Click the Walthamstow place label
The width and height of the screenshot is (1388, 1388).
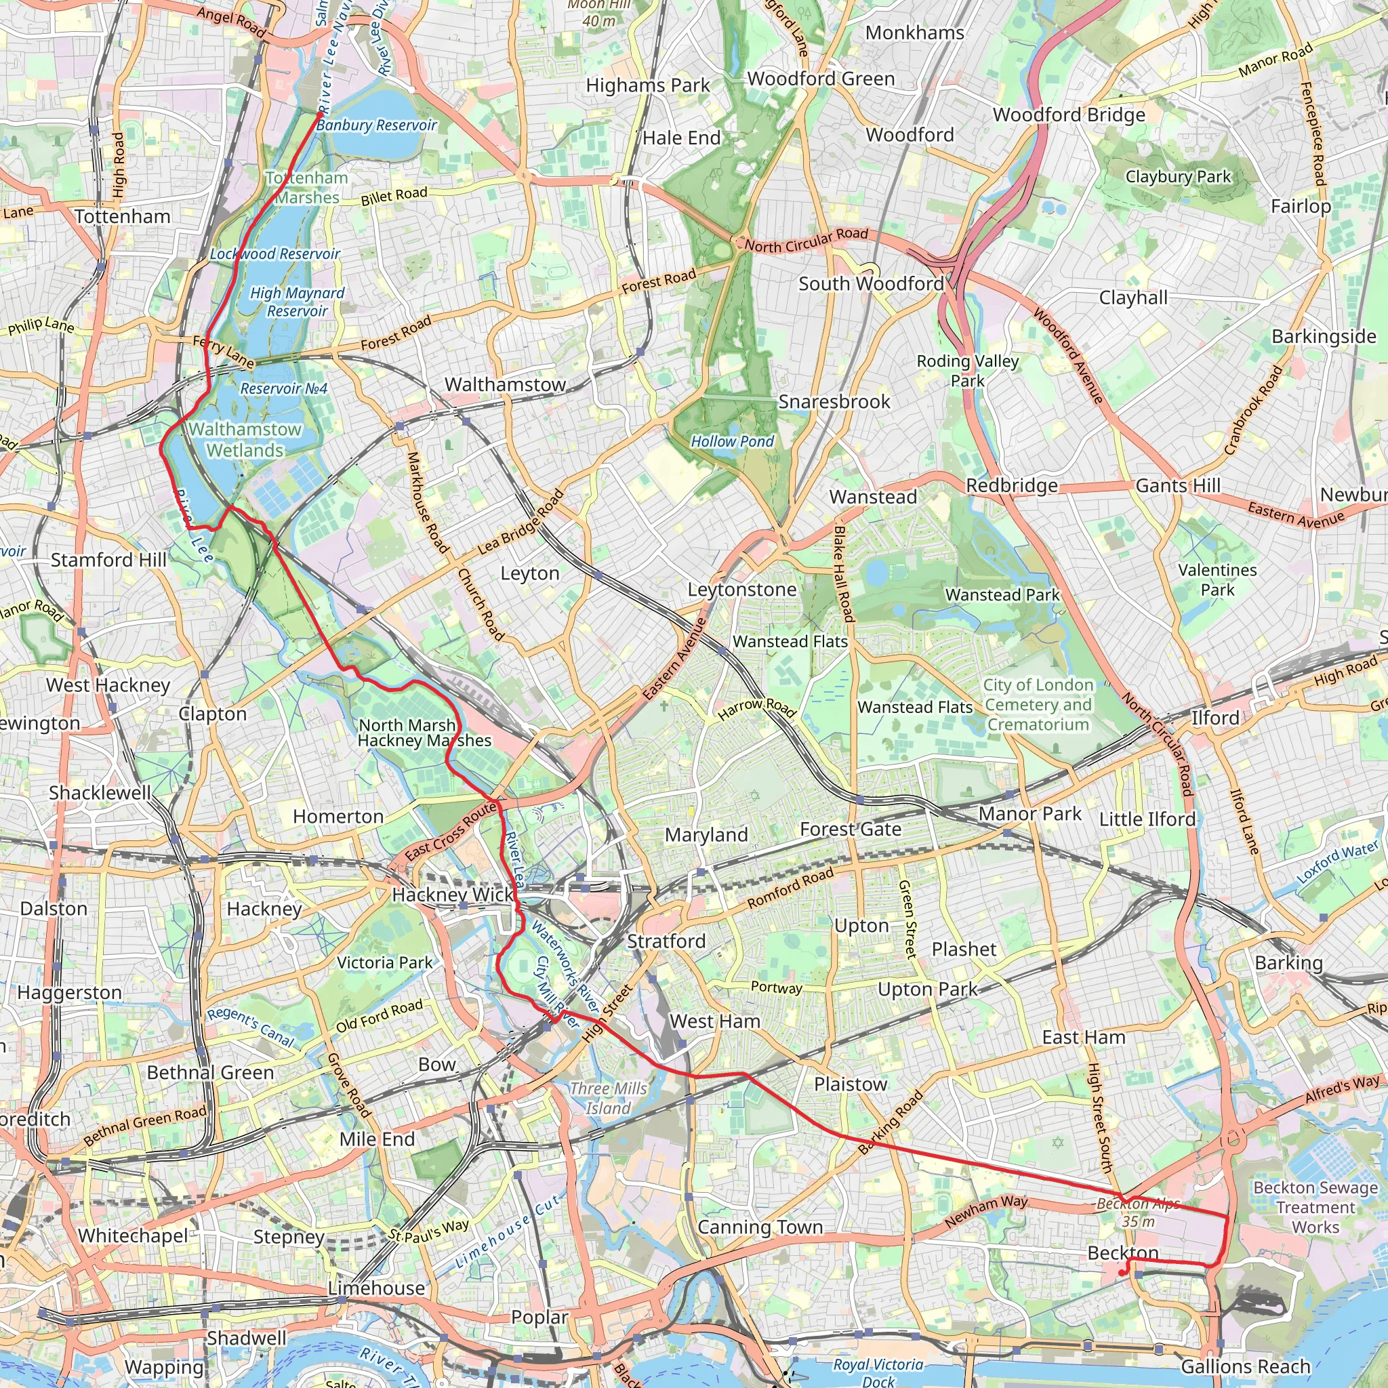click(505, 384)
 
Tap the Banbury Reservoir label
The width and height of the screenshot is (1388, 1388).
click(376, 125)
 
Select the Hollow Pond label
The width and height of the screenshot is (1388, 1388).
click(732, 441)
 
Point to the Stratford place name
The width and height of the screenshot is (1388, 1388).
click(666, 941)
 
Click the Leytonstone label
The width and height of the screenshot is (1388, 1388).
click(742, 590)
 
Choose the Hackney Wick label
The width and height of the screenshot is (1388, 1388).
click(453, 895)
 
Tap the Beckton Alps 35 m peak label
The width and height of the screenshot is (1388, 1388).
click(1138, 1212)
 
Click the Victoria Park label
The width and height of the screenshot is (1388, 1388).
click(385, 962)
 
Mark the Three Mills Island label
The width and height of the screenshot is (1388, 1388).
click(609, 1099)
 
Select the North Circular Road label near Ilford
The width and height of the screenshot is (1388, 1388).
click(1158, 744)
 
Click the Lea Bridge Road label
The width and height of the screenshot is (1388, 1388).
click(522, 522)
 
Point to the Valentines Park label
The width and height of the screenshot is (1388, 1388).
click(1218, 579)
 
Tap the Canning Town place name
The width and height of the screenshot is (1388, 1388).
click(760, 1227)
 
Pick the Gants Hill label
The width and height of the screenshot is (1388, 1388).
click(1178, 486)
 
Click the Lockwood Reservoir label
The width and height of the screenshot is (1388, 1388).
click(275, 254)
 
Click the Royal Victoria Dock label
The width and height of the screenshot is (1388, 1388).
click(878, 1372)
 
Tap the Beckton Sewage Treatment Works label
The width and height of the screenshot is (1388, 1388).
click(1315, 1208)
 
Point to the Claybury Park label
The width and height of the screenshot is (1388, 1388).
click(1178, 177)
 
